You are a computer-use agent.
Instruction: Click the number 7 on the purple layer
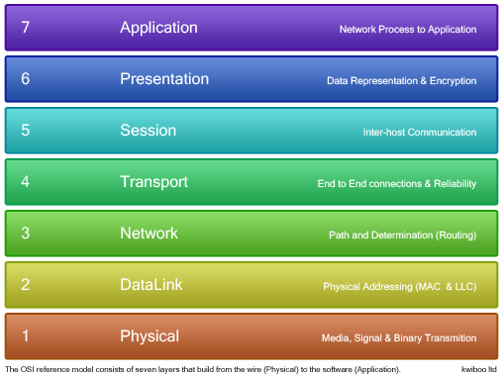[x=25, y=28]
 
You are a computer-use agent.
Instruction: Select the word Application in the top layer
[x=159, y=28]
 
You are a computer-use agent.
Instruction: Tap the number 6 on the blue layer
[x=25, y=79]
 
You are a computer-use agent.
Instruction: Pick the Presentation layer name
[x=164, y=79]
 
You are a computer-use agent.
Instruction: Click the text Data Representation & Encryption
[x=402, y=81]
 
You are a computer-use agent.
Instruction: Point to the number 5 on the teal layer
[x=25, y=131]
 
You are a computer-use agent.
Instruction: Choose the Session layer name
[x=148, y=131]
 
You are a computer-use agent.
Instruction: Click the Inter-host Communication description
[x=419, y=133]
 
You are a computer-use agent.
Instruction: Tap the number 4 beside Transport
[x=25, y=182]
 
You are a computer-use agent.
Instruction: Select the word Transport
[x=153, y=182]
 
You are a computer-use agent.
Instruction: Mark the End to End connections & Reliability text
[x=397, y=184]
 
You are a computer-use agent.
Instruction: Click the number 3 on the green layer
[x=25, y=234]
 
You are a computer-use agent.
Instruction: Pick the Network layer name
[x=149, y=234]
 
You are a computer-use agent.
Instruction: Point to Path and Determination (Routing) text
[x=402, y=235]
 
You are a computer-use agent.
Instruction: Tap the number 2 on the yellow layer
[x=25, y=285]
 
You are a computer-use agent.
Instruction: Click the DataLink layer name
[x=151, y=285]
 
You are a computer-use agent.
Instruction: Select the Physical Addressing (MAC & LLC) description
[x=400, y=287]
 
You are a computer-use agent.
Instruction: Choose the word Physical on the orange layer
[x=150, y=336]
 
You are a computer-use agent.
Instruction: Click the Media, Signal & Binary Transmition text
[x=399, y=338]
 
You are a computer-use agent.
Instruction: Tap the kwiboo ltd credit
[x=479, y=369]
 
